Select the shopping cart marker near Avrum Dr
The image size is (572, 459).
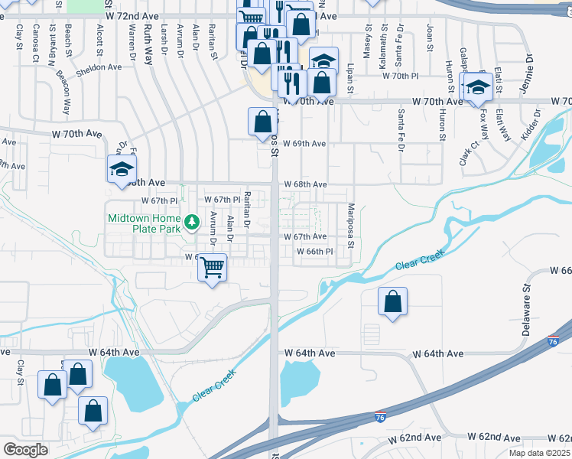(x=213, y=268)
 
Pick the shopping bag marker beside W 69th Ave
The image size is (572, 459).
(x=262, y=121)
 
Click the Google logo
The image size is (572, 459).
(x=26, y=450)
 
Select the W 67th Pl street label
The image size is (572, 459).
(x=158, y=200)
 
